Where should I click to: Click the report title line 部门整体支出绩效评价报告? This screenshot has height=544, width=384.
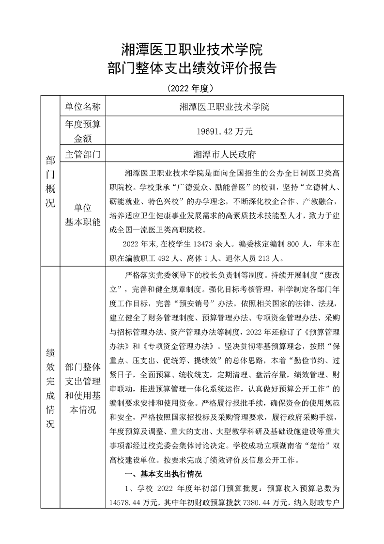coord(192,68)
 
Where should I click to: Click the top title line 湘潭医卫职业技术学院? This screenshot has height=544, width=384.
coord(192,49)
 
